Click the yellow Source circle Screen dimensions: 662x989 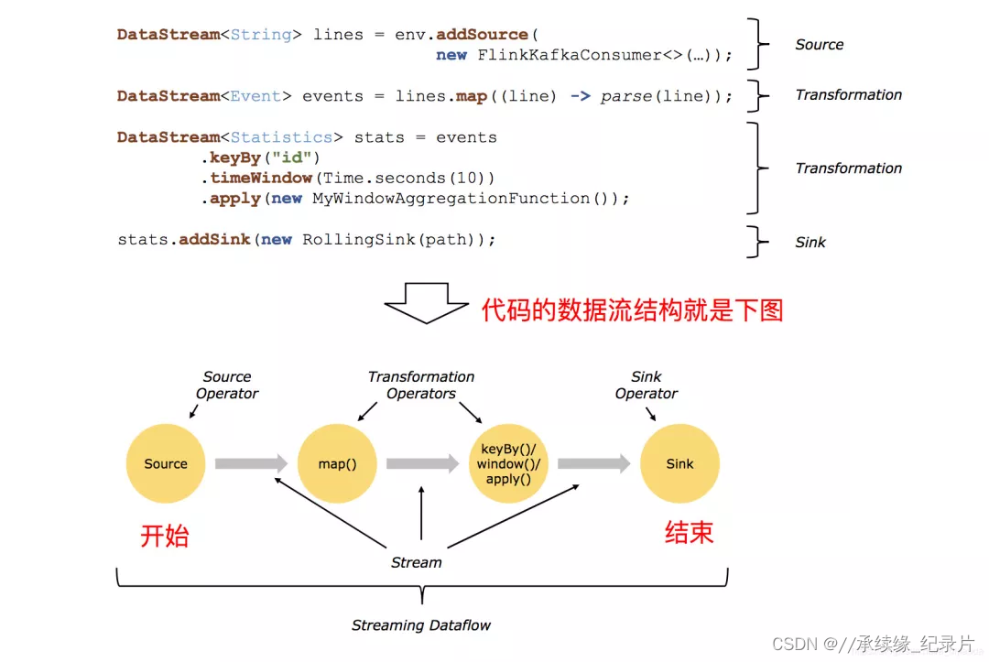[166, 463]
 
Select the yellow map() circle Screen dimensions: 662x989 [337, 463]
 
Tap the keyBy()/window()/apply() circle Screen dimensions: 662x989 [508, 463]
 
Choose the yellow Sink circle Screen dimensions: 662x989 [679, 463]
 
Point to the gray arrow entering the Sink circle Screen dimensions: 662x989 [593, 464]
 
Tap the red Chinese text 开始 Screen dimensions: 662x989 [165, 535]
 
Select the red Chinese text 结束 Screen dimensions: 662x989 [689, 533]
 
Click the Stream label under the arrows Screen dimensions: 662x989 [417, 562]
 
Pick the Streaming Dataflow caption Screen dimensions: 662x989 [421, 625]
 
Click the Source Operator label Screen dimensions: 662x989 [227, 385]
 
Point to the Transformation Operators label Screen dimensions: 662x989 [421, 385]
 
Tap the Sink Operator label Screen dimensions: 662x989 [647, 385]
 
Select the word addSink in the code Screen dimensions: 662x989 [215, 239]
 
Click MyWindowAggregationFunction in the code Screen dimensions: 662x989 [451, 198]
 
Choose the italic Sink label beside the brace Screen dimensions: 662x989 [810, 243]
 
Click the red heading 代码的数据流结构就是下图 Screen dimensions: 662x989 [633, 310]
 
